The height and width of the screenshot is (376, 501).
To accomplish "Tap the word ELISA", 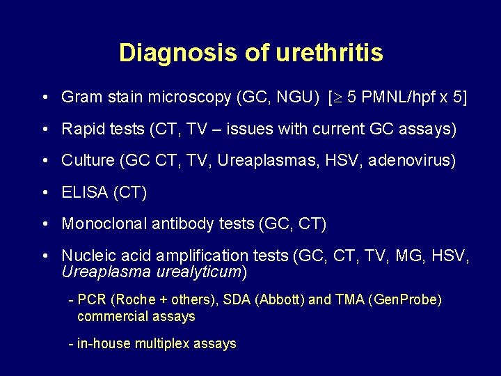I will click(x=83, y=192).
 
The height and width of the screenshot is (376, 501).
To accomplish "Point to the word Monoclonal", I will click(x=104, y=224).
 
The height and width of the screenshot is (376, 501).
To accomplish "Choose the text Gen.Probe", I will click(x=407, y=299).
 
